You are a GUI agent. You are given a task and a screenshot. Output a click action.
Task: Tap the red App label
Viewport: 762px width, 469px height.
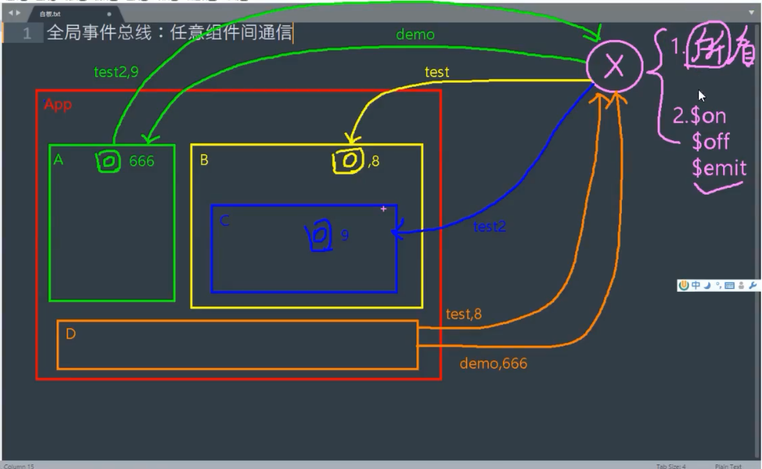pos(58,105)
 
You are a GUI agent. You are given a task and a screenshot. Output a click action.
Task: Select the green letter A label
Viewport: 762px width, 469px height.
pos(59,160)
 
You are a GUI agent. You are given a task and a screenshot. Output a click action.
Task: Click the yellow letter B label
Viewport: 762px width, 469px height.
pos(204,160)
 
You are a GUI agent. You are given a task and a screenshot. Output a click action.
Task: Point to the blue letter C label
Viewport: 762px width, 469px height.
pos(224,221)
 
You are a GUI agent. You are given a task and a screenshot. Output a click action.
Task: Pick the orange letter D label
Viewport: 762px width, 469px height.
pos(70,334)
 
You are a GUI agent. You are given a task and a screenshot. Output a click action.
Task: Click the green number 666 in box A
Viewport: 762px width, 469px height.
pos(141,161)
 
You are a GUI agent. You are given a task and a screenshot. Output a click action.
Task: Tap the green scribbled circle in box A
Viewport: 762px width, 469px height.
pos(109,161)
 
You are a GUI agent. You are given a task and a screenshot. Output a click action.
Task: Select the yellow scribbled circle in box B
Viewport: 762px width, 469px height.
pos(348,161)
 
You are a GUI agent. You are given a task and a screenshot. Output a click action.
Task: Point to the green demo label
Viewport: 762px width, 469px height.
pos(415,35)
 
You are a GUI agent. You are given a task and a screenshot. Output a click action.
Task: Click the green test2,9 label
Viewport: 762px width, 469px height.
pos(116,72)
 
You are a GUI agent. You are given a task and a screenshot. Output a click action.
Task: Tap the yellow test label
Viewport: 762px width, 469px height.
pos(437,72)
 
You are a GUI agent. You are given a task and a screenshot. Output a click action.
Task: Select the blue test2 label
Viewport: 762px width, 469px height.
pos(489,227)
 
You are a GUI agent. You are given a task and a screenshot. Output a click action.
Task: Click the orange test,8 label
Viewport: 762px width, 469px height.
pos(463,314)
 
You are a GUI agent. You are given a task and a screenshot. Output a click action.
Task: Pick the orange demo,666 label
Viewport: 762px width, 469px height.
pos(493,364)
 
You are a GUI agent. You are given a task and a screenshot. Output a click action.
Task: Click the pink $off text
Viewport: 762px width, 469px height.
pos(710,142)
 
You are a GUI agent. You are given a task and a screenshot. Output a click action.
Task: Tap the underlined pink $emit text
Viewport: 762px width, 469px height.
pos(719,168)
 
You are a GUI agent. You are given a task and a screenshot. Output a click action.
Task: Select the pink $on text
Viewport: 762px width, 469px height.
pos(708,116)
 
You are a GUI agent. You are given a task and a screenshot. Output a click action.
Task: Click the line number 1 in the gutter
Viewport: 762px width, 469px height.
pos(26,33)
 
